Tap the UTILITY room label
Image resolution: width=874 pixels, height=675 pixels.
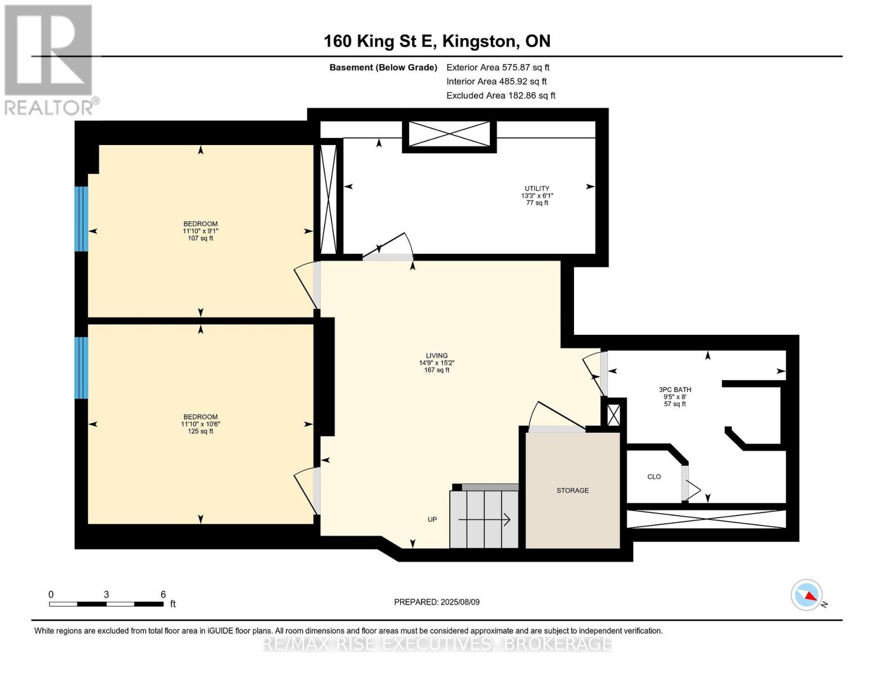pos(537,189)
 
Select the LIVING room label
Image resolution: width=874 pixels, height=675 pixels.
pos(437,355)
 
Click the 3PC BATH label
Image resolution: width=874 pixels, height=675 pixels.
pos(675,389)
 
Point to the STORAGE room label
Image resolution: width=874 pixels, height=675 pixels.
pos(572,490)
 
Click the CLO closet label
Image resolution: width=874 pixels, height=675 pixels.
pos(654,477)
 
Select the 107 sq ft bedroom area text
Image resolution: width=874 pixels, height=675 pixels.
pos(200,238)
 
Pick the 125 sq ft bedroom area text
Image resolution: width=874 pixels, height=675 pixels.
pos(200,431)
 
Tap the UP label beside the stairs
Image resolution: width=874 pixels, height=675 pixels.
pos(432,520)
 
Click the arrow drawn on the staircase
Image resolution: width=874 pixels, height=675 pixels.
pos(484,520)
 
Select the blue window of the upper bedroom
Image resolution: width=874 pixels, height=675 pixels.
pos(82,219)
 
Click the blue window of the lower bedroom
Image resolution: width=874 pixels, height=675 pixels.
pos(82,368)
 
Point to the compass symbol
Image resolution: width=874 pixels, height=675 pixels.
pos(807,595)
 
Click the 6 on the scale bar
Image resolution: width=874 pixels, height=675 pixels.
pos(163,595)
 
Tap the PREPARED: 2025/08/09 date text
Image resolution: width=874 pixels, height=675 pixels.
pos(437,602)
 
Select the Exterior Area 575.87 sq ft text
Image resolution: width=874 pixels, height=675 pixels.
pos(497,67)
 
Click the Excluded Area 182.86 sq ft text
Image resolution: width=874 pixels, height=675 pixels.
pos(501,96)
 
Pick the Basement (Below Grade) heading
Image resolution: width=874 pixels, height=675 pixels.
pos(383,67)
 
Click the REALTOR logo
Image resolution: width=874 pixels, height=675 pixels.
pos(50,59)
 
